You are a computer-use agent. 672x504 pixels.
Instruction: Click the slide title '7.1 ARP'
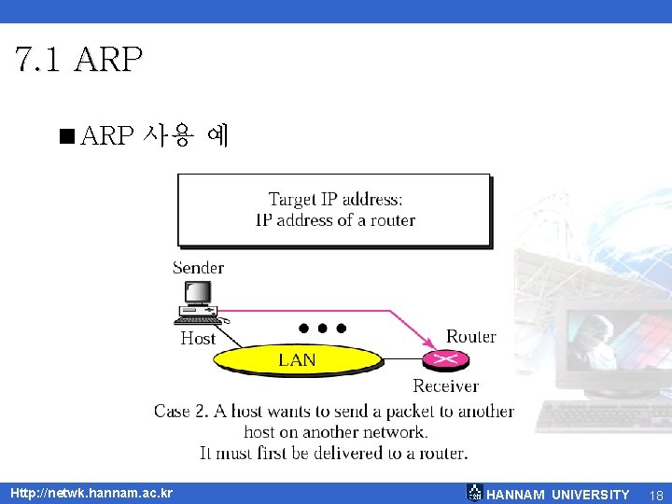[x=79, y=59]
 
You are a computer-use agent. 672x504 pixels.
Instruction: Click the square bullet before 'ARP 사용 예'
[x=64, y=137]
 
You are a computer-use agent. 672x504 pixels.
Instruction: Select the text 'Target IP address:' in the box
[x=335, y=199]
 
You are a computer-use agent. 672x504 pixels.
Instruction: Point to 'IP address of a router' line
[x=335, y=220]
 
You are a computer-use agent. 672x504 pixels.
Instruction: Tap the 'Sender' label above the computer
[x=198, y=268]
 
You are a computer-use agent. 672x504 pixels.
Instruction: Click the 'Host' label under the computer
[x=198, y=338]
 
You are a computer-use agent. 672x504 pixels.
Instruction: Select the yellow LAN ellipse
[x=297, y=359]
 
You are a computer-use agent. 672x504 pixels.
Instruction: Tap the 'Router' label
[x=470, y=336]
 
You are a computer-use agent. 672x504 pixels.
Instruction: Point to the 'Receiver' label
[x=445, y=385]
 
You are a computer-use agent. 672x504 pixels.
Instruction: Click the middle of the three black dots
[x=322, y=329]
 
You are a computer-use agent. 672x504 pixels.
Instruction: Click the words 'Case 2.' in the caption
[x=184, y=412]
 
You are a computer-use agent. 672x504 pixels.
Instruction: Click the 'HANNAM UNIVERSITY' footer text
[x=558, y=495]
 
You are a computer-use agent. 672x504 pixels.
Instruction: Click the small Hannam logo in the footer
[x=475, y=493]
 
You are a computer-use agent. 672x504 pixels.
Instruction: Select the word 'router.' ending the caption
[x=440, y=453]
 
